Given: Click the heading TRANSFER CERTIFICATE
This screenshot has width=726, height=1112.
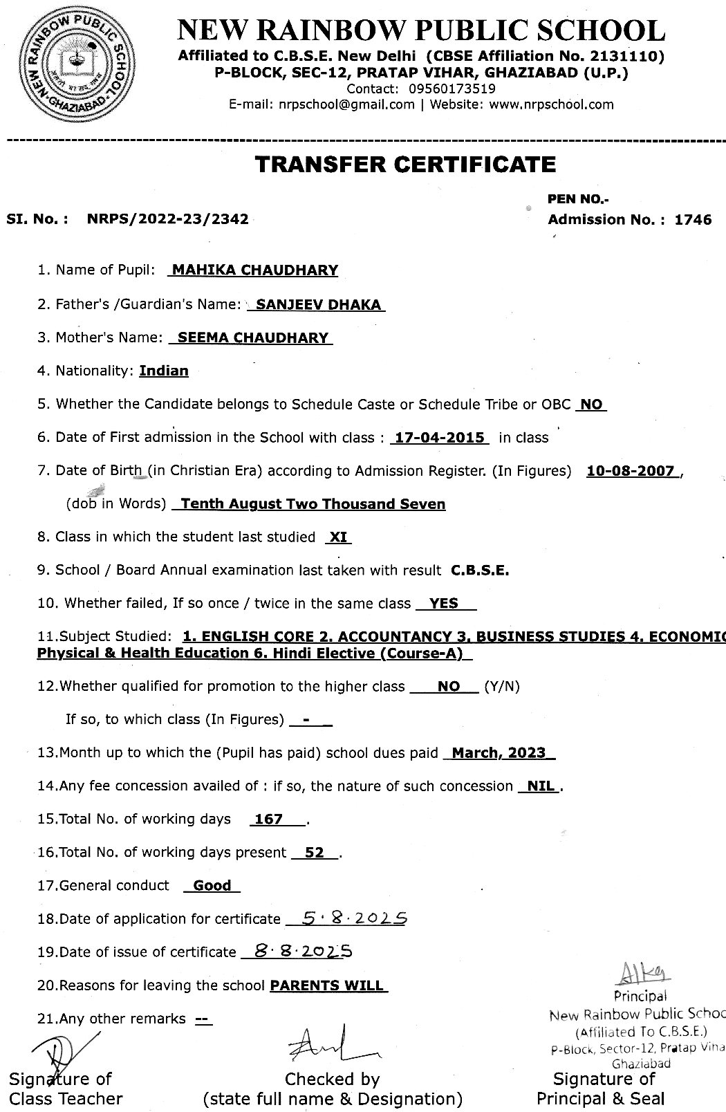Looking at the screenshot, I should coord(405,164).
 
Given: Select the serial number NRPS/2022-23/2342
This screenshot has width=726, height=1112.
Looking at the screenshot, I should coord(167,219).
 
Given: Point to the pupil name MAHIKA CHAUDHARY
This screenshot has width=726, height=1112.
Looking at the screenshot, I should coord(254,270).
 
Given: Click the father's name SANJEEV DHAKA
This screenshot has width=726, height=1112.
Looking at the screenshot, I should coord(318,304).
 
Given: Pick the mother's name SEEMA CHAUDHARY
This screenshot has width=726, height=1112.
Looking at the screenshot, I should coord(252,337).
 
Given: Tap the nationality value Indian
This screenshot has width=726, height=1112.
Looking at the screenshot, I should coord(164,371).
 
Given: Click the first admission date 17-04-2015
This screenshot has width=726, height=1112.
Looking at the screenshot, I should coord(440,437).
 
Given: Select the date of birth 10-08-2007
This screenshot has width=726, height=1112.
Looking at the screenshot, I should coord(630,471).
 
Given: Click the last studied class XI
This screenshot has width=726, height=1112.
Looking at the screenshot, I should coord(338,537).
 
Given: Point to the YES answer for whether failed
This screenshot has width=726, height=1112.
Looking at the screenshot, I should coord(444,603).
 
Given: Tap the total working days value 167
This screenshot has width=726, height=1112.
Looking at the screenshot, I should coord(269,819).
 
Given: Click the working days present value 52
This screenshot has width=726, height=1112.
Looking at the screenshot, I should coord(314,853).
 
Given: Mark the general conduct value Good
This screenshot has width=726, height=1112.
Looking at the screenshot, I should coord(212,885).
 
